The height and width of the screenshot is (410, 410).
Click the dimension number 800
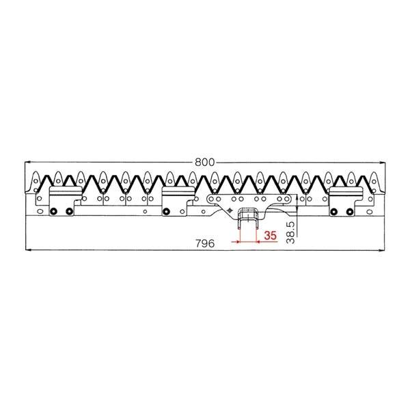click(x=204, y=163)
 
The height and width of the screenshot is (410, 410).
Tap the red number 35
click(x=270, y=236)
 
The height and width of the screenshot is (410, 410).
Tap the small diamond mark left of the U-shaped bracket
click(x=231, y=210)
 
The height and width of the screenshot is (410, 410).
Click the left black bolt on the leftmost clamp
click(x=53, y=210)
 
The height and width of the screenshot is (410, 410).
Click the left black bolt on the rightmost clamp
click(x=333, y=210)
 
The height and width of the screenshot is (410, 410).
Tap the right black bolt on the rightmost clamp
click(x=349, y=210)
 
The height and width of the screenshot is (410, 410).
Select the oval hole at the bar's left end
click(x=38, y=211)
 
